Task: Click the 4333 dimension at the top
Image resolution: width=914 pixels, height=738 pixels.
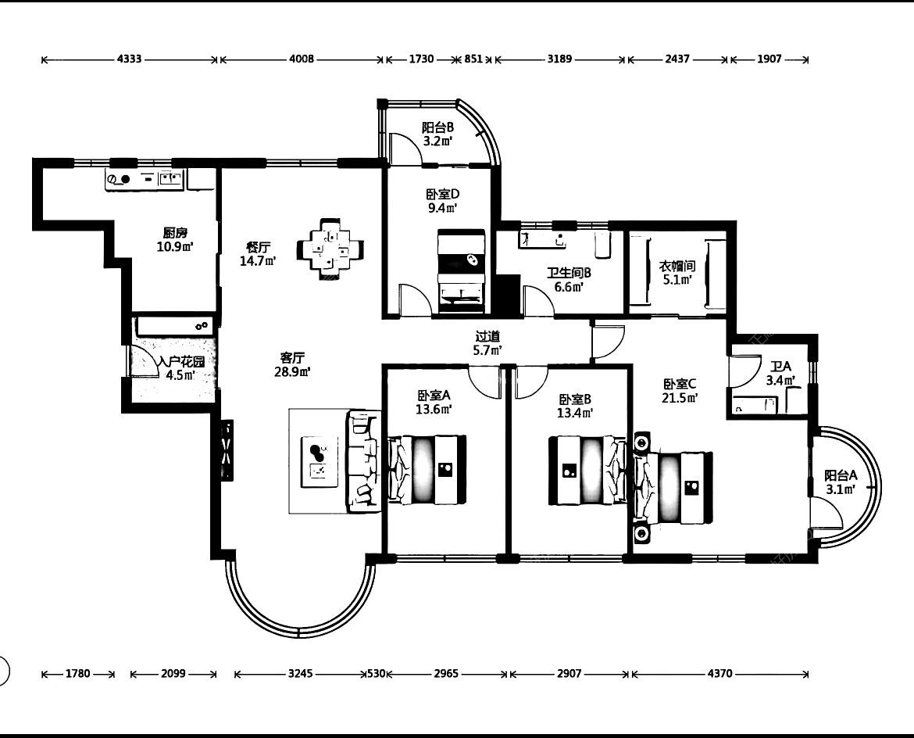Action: point(130,59)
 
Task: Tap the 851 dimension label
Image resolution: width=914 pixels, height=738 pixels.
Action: point(473,59)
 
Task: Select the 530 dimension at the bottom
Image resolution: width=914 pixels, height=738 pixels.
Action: point(376,674)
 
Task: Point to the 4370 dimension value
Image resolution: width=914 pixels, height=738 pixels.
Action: point(720,674)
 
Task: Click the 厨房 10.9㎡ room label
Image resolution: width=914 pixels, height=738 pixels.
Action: point(175,240)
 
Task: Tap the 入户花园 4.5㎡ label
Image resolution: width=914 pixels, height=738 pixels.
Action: point(181,368)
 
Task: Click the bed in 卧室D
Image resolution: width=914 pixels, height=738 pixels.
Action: point(461,270)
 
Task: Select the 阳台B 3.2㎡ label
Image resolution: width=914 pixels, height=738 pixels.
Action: point(437,134)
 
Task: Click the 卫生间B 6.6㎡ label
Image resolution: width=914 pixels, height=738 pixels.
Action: point(569,280)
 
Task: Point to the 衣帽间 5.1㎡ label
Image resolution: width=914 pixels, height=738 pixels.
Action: point(677,272)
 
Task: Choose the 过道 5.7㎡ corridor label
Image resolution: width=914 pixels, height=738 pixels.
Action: point(488,343)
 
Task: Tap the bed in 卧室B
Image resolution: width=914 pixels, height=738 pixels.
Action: point(588,470)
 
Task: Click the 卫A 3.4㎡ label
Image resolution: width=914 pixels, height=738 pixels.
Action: point(780,374)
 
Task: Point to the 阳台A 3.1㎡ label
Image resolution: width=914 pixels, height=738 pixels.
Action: point(841,482)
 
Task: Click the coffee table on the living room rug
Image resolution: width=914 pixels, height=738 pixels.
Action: point(319,461)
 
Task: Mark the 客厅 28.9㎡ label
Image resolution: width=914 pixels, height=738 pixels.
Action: point(292,364)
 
